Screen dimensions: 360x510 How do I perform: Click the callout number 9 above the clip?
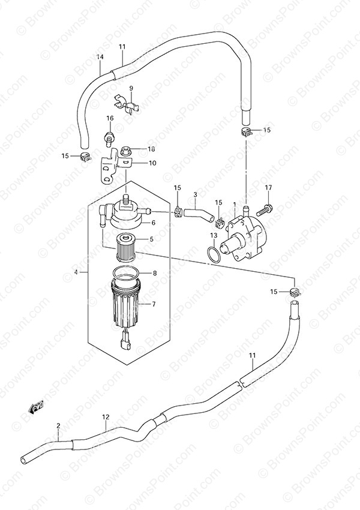[x=131, y=88]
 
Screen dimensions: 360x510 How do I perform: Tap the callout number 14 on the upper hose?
[x=100, y=57]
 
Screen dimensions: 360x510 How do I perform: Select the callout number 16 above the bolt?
[x=110, y=118]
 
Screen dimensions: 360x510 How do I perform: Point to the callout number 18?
[x=151, y=149]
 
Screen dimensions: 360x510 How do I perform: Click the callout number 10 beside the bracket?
[x=152, y=163]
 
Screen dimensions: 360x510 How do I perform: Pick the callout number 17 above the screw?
[x=268, y=187]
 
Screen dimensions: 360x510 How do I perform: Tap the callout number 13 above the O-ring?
[x=214, y=235]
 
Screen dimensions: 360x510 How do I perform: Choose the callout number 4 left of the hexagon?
[x=76, y=272]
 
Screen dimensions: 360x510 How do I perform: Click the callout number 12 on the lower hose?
[x=106, y=417]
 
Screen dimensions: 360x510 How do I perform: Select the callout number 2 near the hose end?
[x=58, y=425]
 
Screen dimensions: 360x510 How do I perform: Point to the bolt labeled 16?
[x=110, y=137]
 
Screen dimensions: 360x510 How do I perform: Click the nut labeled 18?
[x=125, y=151]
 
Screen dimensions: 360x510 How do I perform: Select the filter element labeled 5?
[x=125, y=247]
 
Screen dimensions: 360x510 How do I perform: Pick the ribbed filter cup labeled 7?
[x=125, y=304]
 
